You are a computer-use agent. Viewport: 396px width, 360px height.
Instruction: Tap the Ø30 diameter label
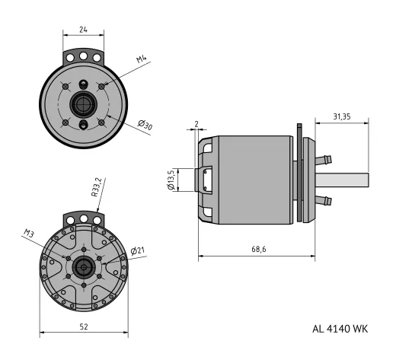click(144, 126)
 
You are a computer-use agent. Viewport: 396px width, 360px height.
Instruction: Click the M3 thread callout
click(30, 233)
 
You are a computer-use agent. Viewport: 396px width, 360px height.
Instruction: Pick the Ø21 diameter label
click(138, 250)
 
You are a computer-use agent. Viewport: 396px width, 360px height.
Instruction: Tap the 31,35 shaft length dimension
click(346, 116)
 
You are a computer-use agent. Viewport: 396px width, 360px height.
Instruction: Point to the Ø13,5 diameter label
click(172, 180)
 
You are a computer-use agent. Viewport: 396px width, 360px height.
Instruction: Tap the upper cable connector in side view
click(325, 160)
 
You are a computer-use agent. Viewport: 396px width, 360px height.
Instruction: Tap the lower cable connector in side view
click(325, 202)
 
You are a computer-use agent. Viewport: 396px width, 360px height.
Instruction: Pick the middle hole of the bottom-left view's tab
click(83, 218)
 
